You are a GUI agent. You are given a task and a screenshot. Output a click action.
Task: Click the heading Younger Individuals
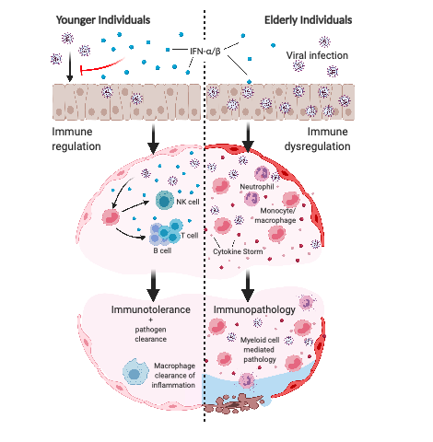point(103,20)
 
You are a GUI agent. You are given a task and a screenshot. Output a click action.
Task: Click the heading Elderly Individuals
point(308,20)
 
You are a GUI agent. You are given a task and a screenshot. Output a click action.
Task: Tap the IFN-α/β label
point(205,51)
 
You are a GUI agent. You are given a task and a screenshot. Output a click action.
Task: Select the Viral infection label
point(317,55)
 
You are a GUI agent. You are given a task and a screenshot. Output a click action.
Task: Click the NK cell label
point(188,202)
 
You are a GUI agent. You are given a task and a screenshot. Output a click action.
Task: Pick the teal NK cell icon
point(165,201)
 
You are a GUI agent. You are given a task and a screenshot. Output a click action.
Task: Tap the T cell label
point(190,236)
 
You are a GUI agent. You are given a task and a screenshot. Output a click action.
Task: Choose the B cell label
point(162,250)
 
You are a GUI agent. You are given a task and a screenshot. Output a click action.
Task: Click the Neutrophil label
point(257,187)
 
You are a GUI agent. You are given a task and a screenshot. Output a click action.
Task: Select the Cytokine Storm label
point(238,251)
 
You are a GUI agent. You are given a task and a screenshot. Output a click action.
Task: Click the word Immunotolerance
point(150,309)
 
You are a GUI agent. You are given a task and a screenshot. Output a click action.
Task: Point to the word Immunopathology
point(254,309)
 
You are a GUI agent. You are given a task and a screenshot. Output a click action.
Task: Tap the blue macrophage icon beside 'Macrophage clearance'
point(135,372)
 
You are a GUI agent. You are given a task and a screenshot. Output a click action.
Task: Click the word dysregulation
point(317,146)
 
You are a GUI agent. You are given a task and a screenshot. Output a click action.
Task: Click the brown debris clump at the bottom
point(234,403)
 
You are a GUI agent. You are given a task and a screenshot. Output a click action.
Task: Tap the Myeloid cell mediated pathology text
point(260,350)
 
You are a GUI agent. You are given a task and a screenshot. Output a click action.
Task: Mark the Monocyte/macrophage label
point(275,215)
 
